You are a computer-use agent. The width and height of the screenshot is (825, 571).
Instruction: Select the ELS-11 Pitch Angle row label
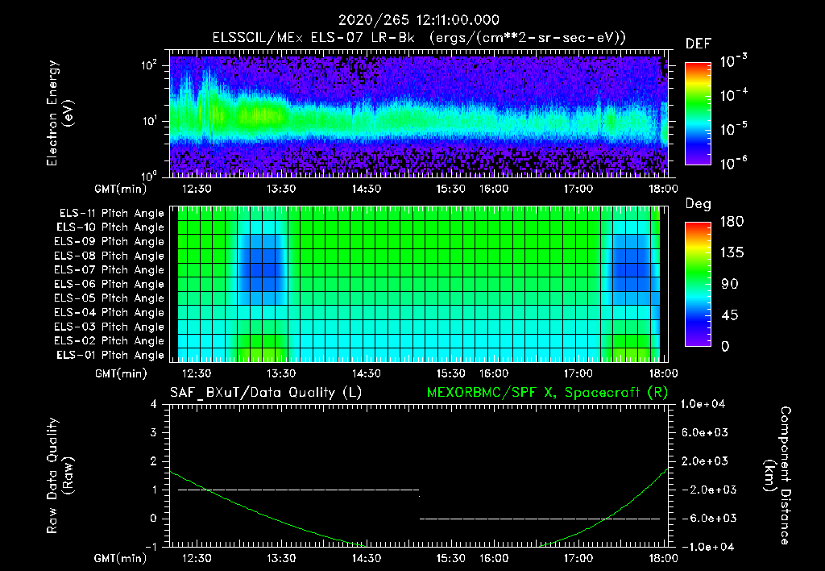(110, 213)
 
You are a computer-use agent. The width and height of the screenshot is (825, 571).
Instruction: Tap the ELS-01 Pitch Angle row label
(110, 355)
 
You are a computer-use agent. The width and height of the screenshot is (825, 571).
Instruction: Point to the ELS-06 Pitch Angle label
(110, 284)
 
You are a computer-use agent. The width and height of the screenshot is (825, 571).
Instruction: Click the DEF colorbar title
(698, 44)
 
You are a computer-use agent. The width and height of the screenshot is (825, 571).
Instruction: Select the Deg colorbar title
(698, 204)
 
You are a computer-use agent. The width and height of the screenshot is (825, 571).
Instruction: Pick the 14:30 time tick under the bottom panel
(367, 558)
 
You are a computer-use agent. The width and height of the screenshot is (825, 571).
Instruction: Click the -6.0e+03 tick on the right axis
(707, 518)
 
